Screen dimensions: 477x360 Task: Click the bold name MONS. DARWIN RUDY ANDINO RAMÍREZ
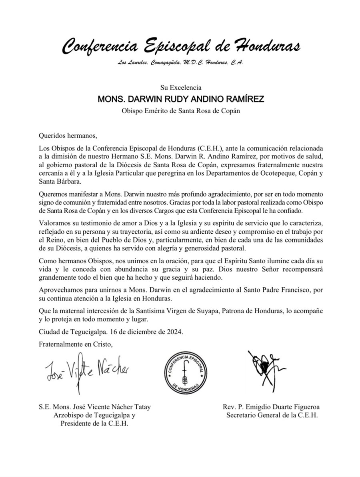click(181, 99)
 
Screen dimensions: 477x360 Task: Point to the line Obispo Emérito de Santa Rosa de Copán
click(181, 111)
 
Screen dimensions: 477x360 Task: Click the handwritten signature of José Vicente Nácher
click(87, 370)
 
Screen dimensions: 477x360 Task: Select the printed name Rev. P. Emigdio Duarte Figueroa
click(272, 407)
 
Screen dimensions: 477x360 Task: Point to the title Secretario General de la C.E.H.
click(272, 415)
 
